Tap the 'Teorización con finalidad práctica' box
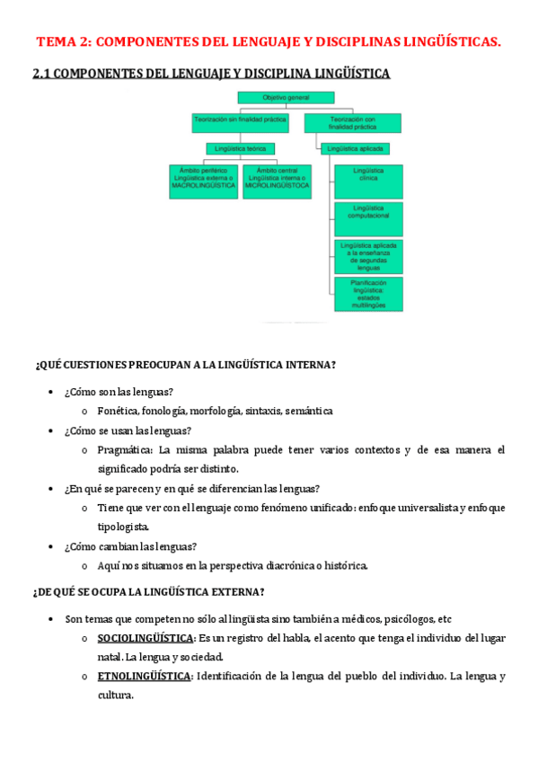[x=353, y=122]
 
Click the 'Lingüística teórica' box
[x=240, y=148]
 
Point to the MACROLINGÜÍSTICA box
[x=203, y=181]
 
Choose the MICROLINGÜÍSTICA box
[x=278, y=181]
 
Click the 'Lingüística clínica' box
[x=369, y=181]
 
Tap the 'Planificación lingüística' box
[x=369, y=294]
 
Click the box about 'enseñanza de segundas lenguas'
[x=369, y=256]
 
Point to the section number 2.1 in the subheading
[x=41, y=74]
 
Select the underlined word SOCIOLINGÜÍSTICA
[x=145, y=638]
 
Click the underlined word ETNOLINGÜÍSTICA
[x=144, y=676]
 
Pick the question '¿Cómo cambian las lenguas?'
[x=130, y=546]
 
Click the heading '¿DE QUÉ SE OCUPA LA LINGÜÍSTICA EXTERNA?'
[x=149, y=591]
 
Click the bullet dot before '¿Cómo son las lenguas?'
[x=49, y=393]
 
